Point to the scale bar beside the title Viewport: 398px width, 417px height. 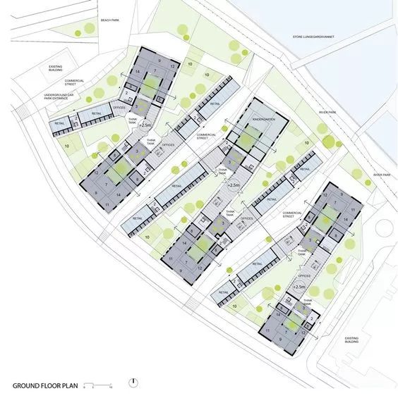(x=98, y=386)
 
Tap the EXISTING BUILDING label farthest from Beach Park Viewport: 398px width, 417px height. (x=351, y=341)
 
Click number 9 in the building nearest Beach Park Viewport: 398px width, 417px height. (x=160, y=61)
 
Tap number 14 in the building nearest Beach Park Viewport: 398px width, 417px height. (x=138, y=72)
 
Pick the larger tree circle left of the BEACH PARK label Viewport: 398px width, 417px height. (x=89, y=28)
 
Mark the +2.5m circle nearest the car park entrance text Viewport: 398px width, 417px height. (x=145, y=125)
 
